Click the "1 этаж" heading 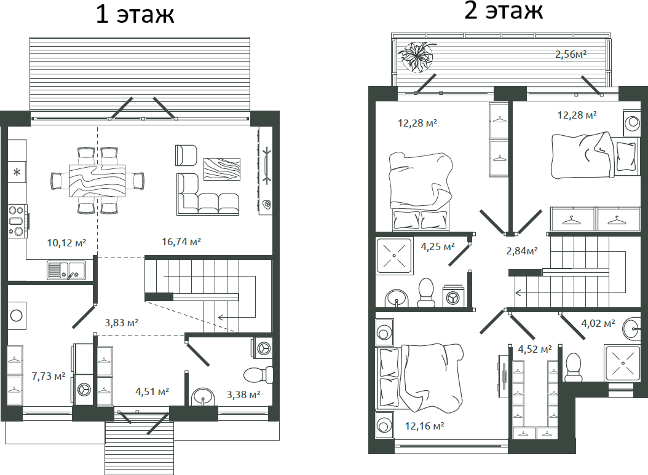coord(135,14)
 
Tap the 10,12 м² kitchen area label coord(66,243)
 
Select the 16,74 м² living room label coord(181,241)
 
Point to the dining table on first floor coord(97,181)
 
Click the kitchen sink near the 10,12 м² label coord(66,270)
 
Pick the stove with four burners coord(17,221)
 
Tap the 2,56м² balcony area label coord(571,54)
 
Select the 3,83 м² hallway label coord(122,322)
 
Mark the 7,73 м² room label coord(49,376)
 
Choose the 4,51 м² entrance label coord(152,391)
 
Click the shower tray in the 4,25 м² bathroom coord(394,256)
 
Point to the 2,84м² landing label coord(522,250)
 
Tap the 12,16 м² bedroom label coord(424,425)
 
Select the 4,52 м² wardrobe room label coord(535,349)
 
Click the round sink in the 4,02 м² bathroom coord(632,329)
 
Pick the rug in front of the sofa coord(222,169)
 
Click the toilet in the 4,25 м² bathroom coord(425,292)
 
